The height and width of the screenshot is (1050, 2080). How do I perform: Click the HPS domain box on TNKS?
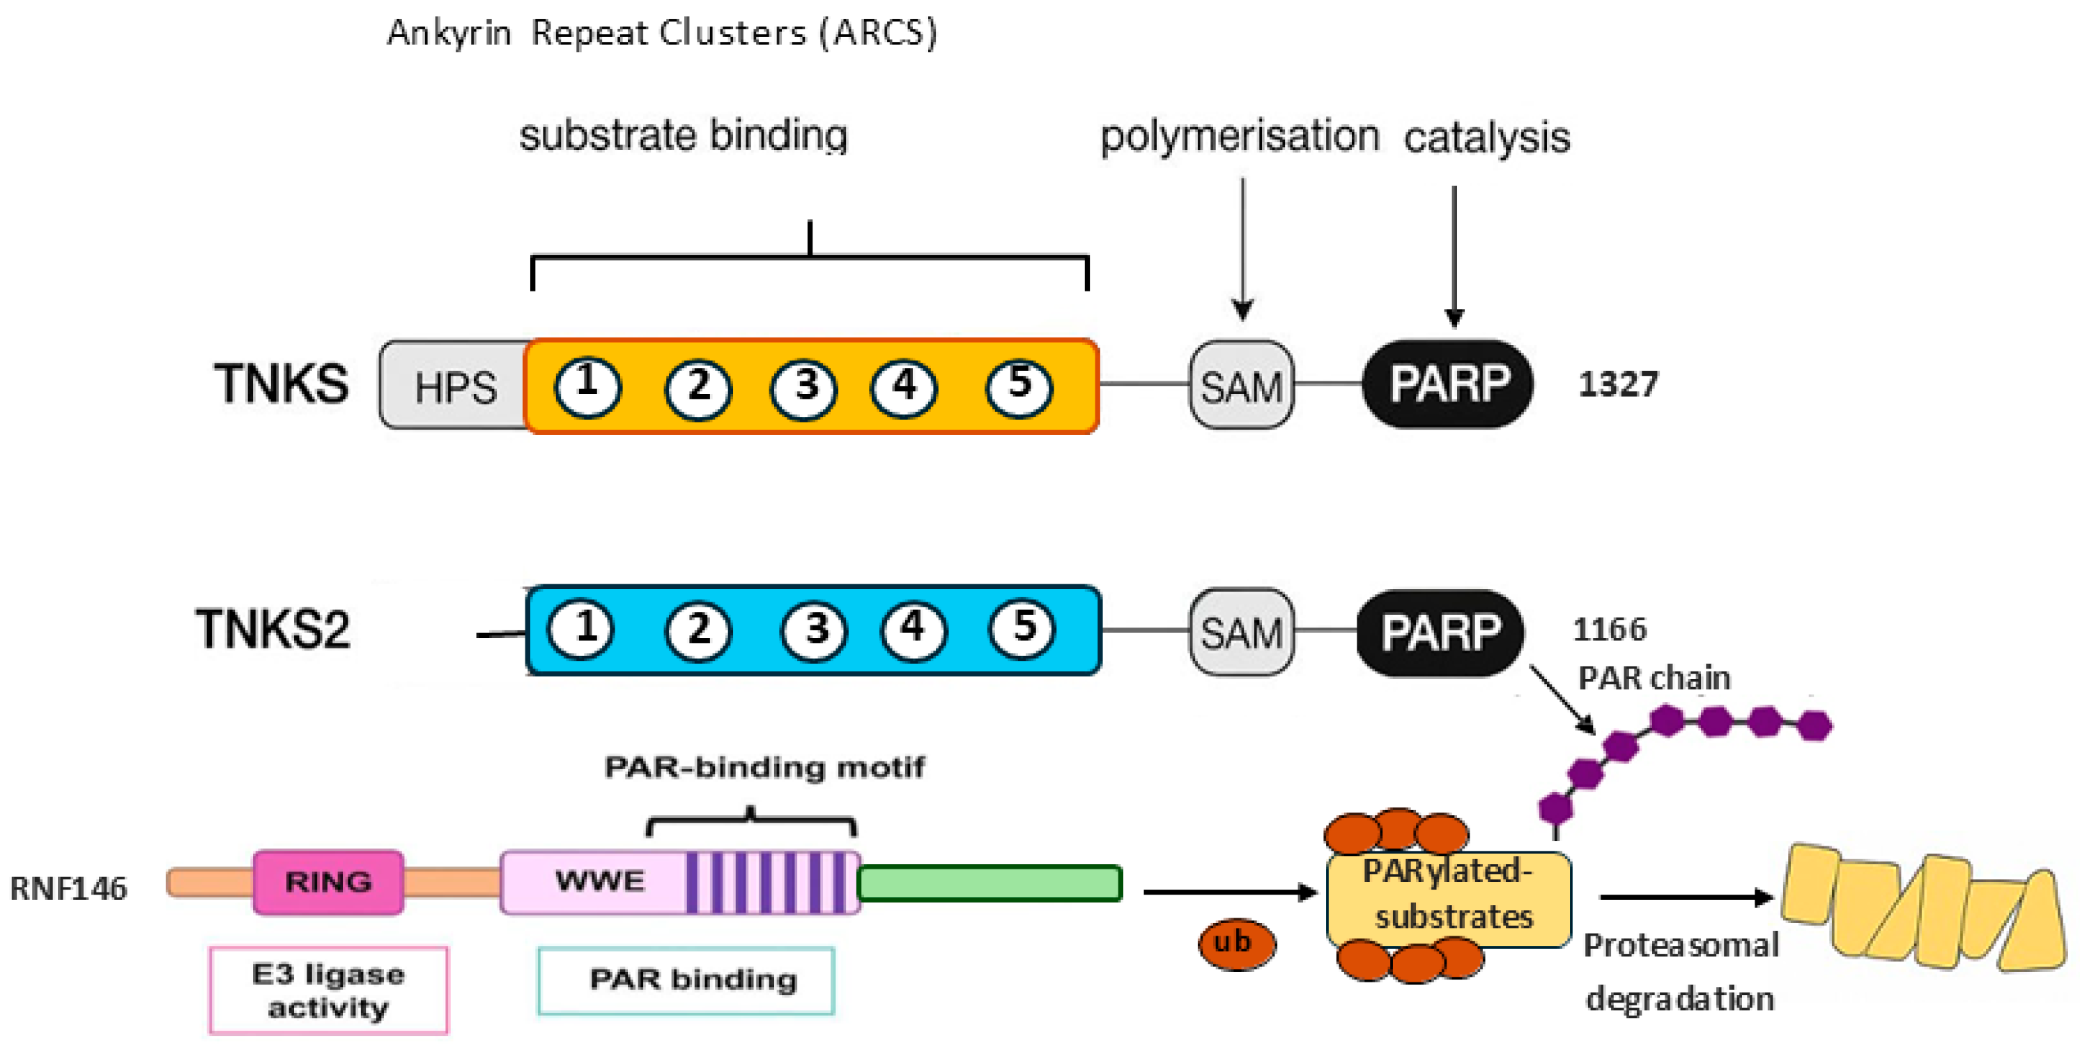click(454, 386)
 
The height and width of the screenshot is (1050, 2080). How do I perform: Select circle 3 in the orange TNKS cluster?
click(804, 388)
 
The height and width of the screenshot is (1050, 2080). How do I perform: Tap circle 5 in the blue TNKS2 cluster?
click(1022, 628)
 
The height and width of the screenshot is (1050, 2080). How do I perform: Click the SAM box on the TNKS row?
click(1241, 386)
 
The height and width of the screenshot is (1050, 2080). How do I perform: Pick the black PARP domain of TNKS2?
click(1440, 632)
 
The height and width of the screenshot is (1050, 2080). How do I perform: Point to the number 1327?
click(1618, 384)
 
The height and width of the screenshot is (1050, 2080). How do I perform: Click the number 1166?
click(1609, 629)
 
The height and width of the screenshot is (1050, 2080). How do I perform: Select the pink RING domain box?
click(328, 882)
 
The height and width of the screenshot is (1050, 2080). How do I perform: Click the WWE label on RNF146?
click(599, 881)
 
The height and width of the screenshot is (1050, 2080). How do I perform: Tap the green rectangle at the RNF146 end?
click(989, 883)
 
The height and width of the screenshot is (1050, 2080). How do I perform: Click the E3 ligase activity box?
click(328, 990)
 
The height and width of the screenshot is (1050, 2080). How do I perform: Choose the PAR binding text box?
click(686, 980)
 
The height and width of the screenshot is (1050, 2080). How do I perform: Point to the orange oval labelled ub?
click(1236, 943)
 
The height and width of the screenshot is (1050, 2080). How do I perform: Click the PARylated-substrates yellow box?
click(1449, 897)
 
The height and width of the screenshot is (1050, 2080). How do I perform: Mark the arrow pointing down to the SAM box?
click(1242, 250)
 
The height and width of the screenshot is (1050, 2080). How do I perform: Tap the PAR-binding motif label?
click(764, 766)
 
